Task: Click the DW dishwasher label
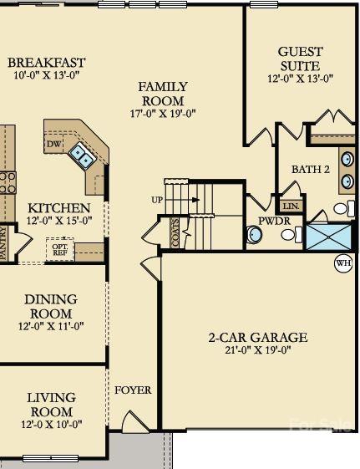tap(54, 145)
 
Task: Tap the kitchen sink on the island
tap(82, 153)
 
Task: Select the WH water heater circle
tap(342, 263)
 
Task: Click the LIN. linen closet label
tap(291, 206)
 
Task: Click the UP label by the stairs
tap(156, 201)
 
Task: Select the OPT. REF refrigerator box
tap(60, 248)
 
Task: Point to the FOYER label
tap(133, 390)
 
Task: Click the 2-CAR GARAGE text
tap(257, 338)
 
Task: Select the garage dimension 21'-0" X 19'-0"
tap(257, 352)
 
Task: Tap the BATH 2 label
tap(311, 170)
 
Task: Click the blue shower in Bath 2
tap(329, 235)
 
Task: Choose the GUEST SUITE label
tap(300, 59)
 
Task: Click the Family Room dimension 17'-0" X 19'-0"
tap(163, 113)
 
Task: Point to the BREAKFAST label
tap(46, 63)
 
